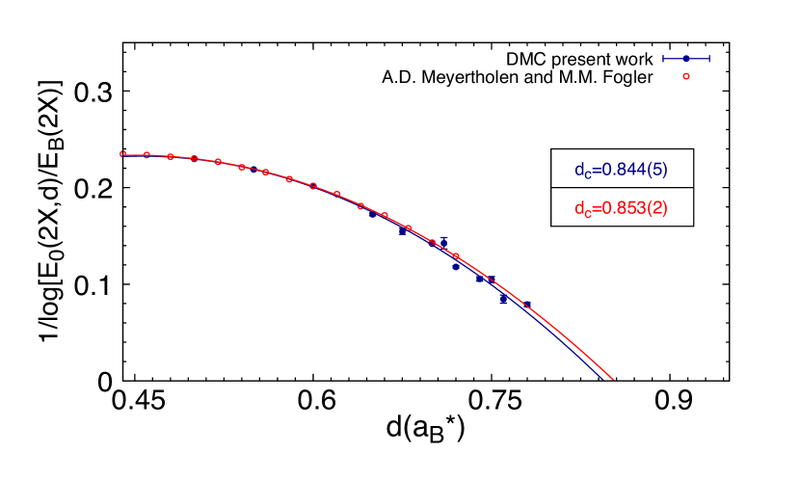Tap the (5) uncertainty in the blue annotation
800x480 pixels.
(x=656, y=171)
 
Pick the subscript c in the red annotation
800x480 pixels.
(x=588, y=214)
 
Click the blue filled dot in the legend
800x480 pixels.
(x=686, y=59)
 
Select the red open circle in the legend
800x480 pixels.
(x=686, y=76)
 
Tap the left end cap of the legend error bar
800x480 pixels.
(x=663, y=59)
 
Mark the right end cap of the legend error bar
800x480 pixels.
(x=709, y=59)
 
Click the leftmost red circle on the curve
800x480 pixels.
(x=122, y=153)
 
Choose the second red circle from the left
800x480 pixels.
(x=147, y=154)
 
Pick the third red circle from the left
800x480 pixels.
(x=171, y=156)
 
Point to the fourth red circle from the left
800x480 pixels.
(x=194, y=158)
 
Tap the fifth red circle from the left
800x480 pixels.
(x=218, y=162)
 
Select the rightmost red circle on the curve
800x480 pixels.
(x=456, y=256)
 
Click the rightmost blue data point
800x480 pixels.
(x=527, y=305)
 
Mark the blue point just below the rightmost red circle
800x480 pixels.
(x=456, y=267)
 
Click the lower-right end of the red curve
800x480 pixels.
(x=613, y=379)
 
